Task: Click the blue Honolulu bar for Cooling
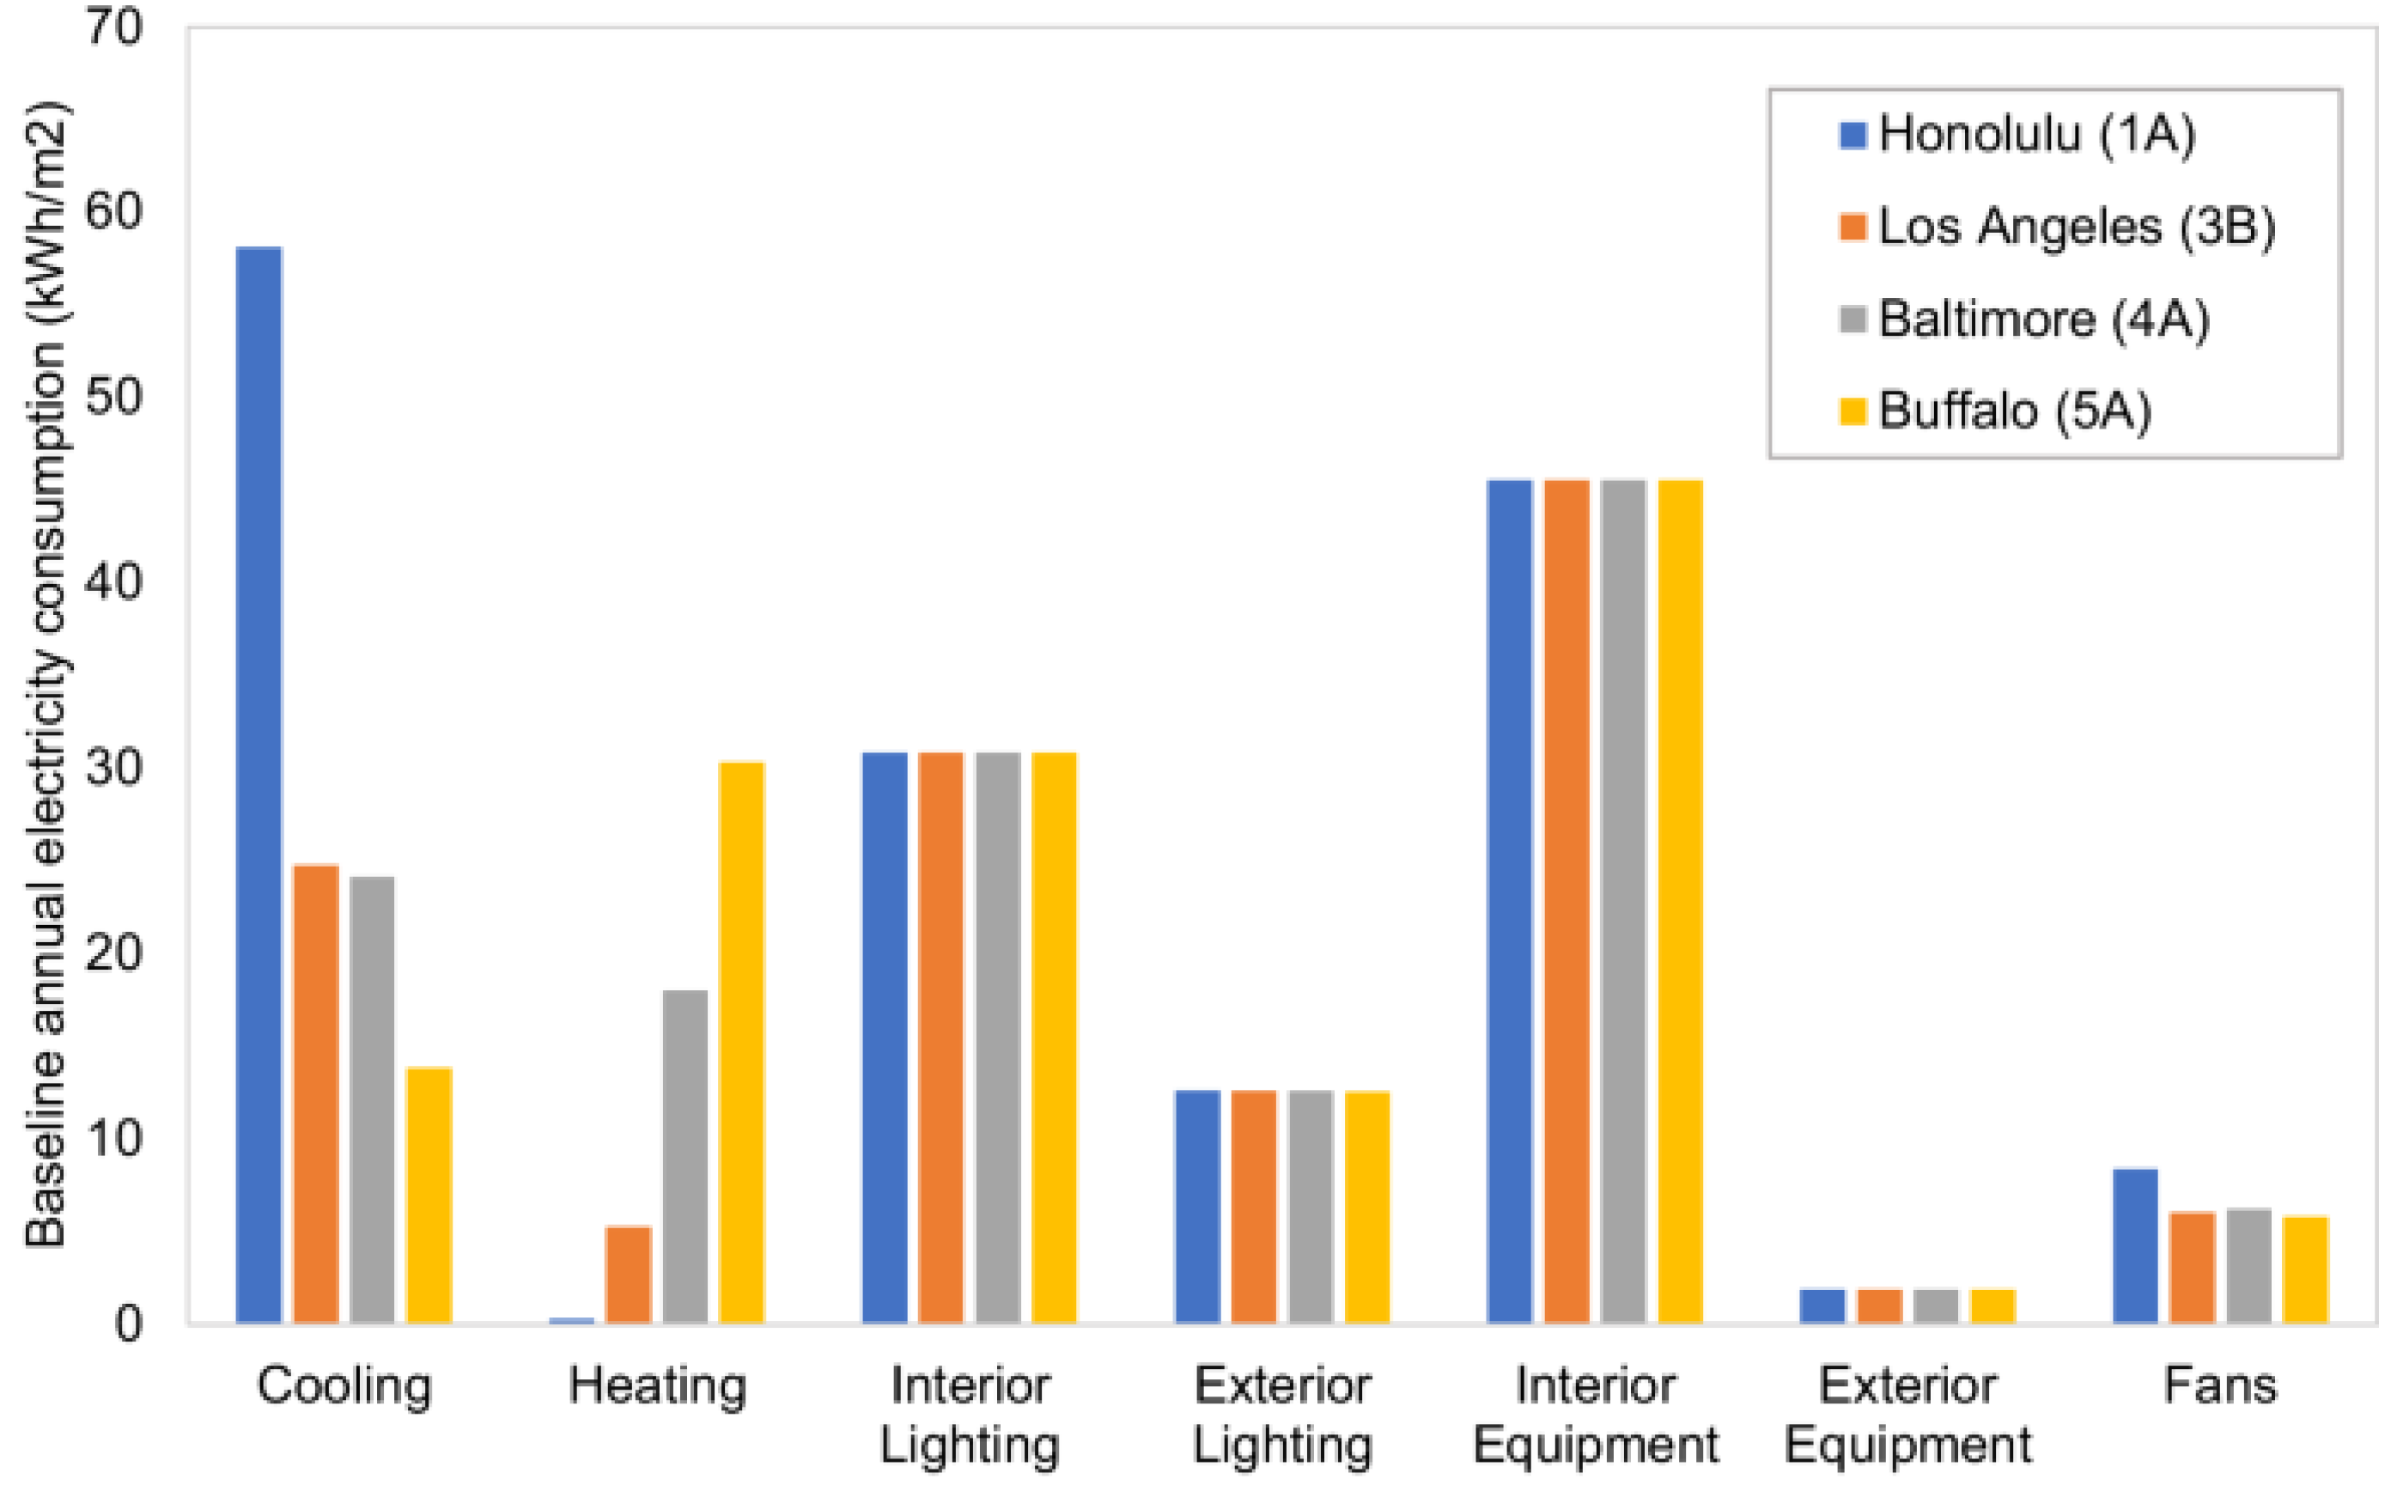(259, 784)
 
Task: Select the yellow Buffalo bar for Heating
(741, 1043)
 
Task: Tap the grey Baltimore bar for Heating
(685, 1156)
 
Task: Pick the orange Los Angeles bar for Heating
(628, 1274)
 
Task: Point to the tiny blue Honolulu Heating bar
(572, 1320)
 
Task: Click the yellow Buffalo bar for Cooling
(429, 1196)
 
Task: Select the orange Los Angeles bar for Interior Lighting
(940, 1038)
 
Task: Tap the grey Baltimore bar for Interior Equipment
(1623, 901)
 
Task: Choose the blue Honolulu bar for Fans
(2135, 1245)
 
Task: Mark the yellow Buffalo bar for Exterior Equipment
(1992, 1305)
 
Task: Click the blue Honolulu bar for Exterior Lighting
(1197, 1206)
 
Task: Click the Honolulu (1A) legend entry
(2017, 134)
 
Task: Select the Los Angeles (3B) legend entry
(2056, 227)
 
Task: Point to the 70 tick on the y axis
(114, 27)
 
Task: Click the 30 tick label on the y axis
(114, 768)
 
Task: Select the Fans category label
(2219, 1385)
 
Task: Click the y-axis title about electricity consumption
(46, 674)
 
